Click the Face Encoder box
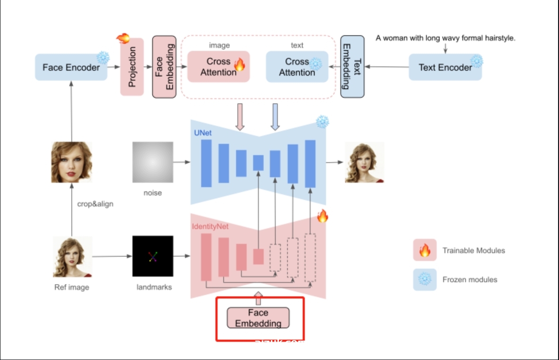[x=71, y=67]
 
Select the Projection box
[x=132, y=67]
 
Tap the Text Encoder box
[x=445, y=67]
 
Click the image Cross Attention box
[x=218, y=67]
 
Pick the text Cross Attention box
[x=297, y=67]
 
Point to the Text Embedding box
[x=352, y=67]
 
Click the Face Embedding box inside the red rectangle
[x=258, y=318]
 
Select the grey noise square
[x=153, y=162]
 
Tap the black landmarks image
[x=153, y=256]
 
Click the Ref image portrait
[x=72, y=257]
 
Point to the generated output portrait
[x=365, y=162]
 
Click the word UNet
[x=202, y=133]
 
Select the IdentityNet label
[x=210, y=227]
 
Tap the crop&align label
[x=95, y=204]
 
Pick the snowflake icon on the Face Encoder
[x=103, y=58]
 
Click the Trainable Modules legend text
[x=473, y=250]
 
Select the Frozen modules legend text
[x=470, y=280]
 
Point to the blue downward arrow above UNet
[x=275, y=116]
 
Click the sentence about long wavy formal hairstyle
[x=445, y=38]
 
